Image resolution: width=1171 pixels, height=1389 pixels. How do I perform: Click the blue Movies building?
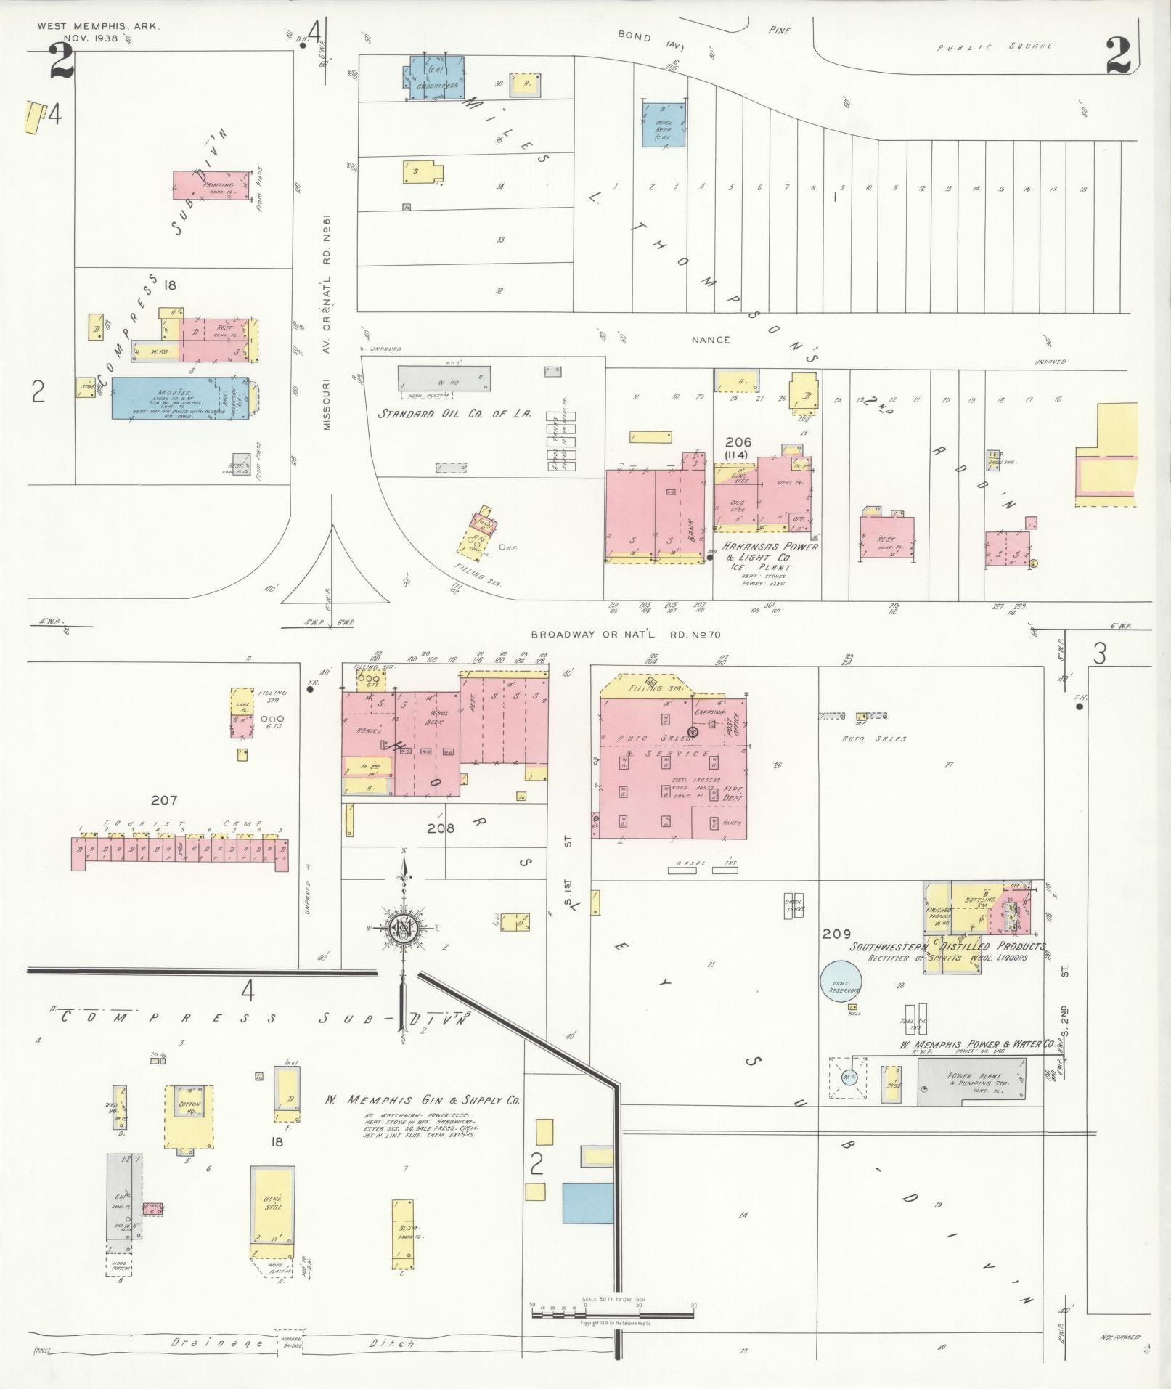point(167,397)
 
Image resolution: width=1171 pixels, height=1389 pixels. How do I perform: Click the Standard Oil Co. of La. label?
point(454,414)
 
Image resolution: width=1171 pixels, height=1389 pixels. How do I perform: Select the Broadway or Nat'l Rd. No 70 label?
point(625,635)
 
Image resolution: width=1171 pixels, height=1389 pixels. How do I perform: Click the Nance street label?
point(710,339)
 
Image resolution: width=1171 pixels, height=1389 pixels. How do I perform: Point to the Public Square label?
point(995,47)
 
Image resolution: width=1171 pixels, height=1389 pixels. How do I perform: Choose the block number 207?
point(164,800)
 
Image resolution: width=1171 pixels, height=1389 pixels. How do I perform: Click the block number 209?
point(835,934)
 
